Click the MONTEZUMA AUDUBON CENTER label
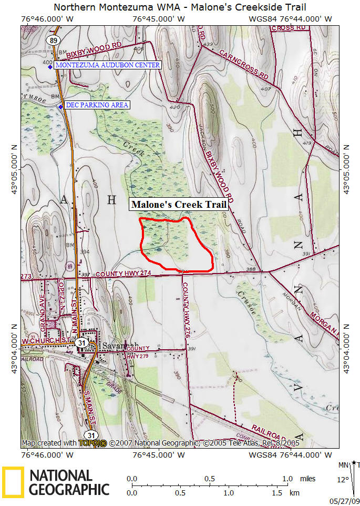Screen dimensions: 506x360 [107, 65]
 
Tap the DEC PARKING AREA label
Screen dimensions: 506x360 [97, 105]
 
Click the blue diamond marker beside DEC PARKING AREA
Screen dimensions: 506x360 [60, 107]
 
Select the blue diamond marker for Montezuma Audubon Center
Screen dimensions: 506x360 [50, 66]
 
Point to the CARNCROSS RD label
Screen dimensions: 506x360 [244, 66]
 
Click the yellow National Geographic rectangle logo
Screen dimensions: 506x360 [13, 482]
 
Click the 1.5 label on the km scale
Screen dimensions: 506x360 [276, 493]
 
